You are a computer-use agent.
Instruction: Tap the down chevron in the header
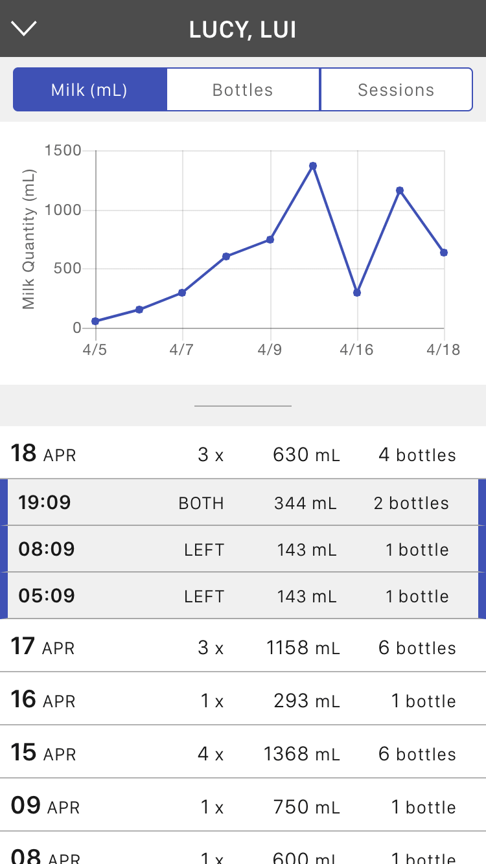click(x=24, y=28)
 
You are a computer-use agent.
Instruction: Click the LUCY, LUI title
click(x=243, y=30)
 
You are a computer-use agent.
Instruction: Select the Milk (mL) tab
click(x=89, y=90)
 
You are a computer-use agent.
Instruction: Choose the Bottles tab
click(x=243, y=90)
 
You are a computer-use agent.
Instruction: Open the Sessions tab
click(x=396, y=90)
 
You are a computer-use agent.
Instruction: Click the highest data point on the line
click(x=313, y=166)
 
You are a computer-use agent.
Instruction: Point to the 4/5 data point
click(x=95, y=321)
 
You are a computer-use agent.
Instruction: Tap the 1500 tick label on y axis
click(x=63, y=151)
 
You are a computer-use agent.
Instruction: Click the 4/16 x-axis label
click(x=356, y=350)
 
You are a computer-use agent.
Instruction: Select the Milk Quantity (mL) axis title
click(x=29, y=240)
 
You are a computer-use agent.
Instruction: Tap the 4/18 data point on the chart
click(x=444, y=253)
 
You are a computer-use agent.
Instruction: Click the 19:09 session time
click(x=45, y=503)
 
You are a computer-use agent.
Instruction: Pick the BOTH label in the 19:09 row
click(x=201, y=503)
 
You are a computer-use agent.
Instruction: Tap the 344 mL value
click(x=305, y=503)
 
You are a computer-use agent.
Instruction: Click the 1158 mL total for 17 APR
click(x=303, y=648)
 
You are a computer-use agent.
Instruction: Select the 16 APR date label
click(x=43, y=701)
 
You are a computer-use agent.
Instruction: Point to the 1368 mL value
click(x=301, y=754)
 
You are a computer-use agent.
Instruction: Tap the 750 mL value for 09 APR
click(x=306, y=807)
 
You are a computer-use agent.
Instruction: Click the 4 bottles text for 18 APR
click(x=417, y=455)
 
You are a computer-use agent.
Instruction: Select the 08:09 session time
click(x=46, y=549)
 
